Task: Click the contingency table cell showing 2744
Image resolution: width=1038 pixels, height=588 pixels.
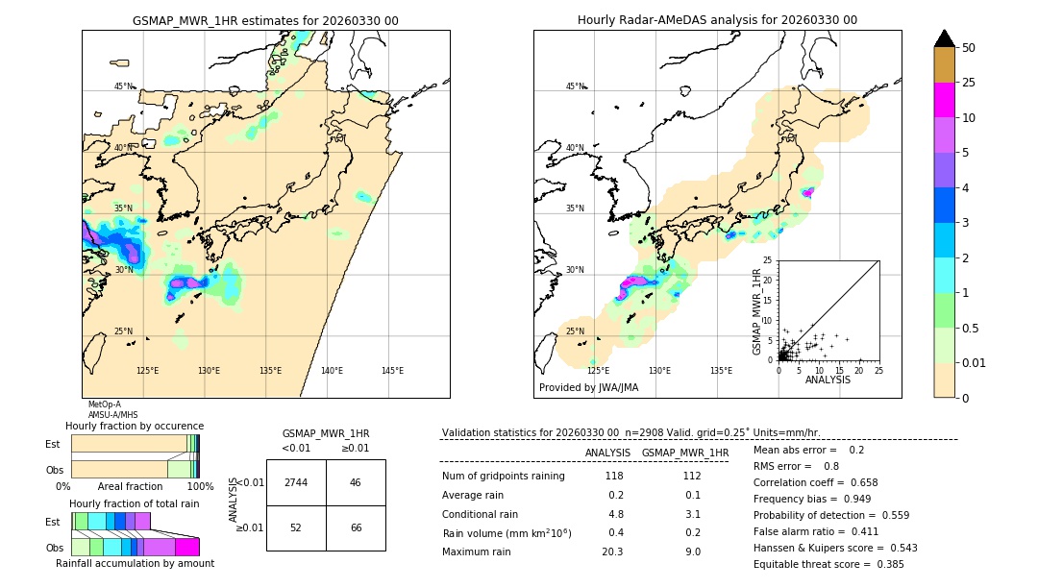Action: pos(296,482)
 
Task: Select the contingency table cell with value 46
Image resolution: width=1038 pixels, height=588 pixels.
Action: pos(356,482)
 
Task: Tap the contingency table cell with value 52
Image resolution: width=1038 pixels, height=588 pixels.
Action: pos(296,527)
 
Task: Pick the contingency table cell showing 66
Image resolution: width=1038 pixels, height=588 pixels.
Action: pos(356,527)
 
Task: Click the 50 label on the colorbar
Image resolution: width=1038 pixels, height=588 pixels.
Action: pos(969,48)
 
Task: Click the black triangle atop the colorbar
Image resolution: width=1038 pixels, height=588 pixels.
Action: pos(945,38)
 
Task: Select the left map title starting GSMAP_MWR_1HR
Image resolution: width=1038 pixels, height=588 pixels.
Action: pos(265,20)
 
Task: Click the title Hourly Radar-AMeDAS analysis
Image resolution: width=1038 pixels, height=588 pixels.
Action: pos(717,20)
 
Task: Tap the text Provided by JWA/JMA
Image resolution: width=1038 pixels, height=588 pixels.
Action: pos(588,388)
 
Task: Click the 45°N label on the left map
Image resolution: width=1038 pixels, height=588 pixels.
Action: pos(125,86)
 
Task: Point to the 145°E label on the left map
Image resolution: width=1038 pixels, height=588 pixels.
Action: pos(392,371)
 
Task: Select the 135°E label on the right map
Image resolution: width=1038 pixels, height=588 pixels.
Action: pos(721,371)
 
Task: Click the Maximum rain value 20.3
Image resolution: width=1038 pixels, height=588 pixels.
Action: pos(612,551)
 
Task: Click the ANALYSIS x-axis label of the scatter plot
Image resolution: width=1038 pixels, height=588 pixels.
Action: pos(827,380)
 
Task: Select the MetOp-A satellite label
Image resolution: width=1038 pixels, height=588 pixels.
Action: pos(105,404)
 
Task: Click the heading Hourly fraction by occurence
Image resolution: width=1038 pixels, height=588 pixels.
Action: pos(135,426)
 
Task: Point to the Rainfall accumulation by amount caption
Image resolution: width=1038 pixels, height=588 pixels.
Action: pos(135,563)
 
